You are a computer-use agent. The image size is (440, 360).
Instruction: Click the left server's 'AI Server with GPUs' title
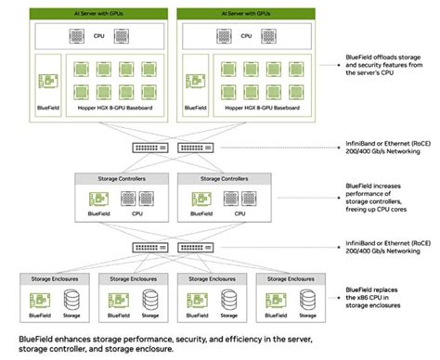click(91, 15)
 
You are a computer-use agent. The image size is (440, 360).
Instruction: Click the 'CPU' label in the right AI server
click(244, 36)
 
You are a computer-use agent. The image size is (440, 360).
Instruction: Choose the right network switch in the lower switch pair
click(190, 247)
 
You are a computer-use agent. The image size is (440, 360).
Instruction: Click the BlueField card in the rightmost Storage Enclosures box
click(274, 297)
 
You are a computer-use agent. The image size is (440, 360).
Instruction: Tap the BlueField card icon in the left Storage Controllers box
click(96, 199)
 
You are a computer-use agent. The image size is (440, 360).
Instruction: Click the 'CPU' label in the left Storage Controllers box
click(136, 213)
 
